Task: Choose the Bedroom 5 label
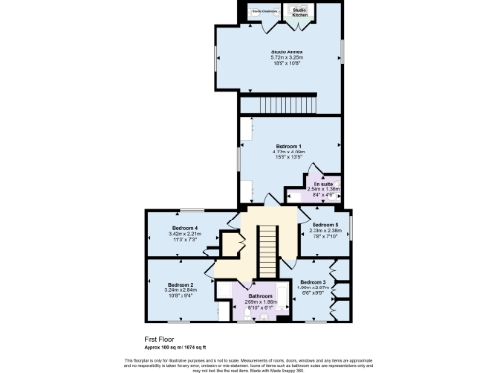click(324, 224)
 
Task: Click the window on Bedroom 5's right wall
click(352, 228)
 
